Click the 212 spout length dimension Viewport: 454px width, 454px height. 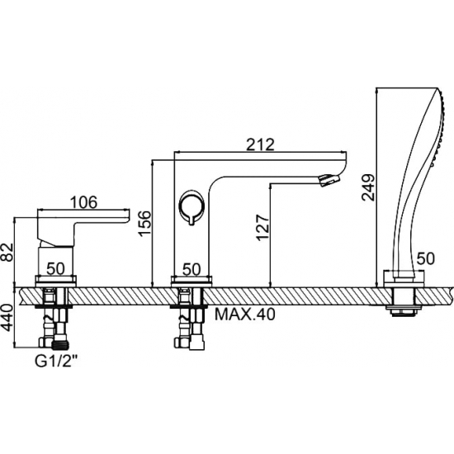259,144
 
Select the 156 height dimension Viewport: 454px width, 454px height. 145,224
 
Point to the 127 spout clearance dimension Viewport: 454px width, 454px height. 262,228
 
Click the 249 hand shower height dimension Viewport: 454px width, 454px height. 369,187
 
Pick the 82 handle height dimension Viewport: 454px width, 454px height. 7,252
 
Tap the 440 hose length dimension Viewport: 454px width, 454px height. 7,317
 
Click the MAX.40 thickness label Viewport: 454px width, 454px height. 244,314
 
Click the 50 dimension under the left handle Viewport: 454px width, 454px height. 55,269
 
